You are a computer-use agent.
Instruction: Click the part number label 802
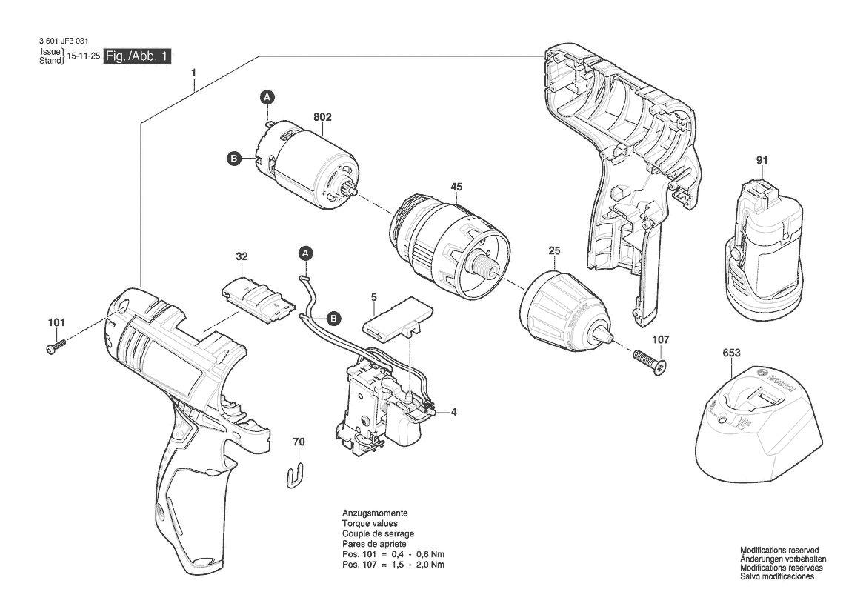322,117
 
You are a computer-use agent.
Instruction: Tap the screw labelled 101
56,346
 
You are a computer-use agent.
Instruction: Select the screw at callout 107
649,362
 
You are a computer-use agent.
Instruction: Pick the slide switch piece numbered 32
257,297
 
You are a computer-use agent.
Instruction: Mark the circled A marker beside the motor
267,98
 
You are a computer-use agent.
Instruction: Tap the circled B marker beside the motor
234,159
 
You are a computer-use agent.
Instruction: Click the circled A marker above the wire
305,253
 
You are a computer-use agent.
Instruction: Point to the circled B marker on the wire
333,318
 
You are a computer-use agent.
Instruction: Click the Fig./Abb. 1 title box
138,56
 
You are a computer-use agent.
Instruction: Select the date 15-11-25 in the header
84,56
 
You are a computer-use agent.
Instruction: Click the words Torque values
370,524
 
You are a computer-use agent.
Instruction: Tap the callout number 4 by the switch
453,412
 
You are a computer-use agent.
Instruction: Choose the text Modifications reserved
779,551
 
